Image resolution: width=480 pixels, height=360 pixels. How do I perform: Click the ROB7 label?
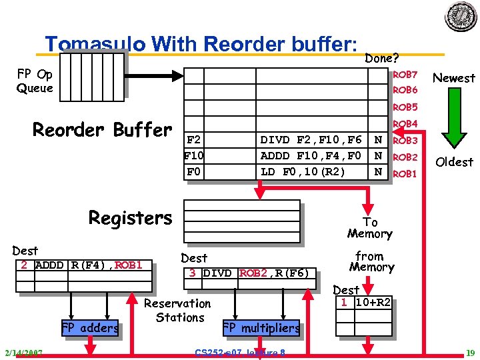[x=405, y=74]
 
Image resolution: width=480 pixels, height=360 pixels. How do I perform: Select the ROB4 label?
[x=405, y=124]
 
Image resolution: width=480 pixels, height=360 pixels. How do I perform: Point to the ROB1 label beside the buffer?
[x=405, y=173]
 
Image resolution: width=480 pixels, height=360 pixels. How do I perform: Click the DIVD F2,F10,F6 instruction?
[x=311, y=140]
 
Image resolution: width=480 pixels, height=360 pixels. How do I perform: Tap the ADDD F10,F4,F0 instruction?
[x=311, y=156]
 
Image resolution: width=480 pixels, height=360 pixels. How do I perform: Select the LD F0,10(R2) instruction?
[x=303, y=172]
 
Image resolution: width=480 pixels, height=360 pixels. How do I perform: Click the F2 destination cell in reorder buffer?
[x=193, y=140]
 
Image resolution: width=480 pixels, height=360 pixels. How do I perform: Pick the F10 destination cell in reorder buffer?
[x=193, y=156]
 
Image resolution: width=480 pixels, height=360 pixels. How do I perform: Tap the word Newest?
[x=454, y=78]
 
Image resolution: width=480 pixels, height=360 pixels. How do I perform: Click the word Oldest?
[x=454, y=162]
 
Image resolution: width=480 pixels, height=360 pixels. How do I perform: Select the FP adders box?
[x=90, y=327]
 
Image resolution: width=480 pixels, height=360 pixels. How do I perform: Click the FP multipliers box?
[x=261, y=327]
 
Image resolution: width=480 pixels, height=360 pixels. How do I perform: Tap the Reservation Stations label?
[x=178, y=310]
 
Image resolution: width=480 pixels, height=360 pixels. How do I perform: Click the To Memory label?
[x=369, y=227]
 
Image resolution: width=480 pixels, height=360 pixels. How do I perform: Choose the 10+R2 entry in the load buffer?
[x=373, y=302]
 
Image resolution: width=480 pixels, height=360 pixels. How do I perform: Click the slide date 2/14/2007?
[x=23, y=352]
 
